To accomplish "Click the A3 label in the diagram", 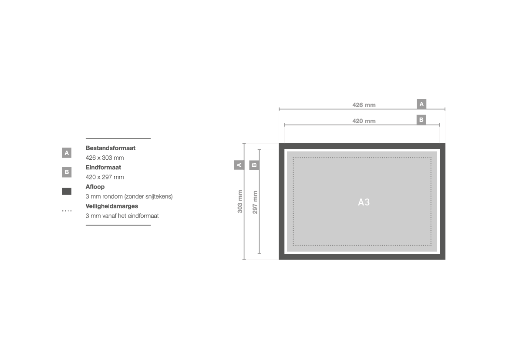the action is [x=364, y=202].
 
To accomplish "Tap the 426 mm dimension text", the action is [x=364, y=105].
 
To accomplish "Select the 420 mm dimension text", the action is [x=364, y=121].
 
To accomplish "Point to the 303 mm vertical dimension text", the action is [x=240, y=202].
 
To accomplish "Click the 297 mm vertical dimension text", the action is [x=255, y=202].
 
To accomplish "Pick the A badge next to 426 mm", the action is [x=421, y=104].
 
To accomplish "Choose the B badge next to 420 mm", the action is [x=421, y=120].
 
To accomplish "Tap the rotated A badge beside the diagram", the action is [x=239, y=165].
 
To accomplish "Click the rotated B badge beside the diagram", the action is [x=254, y=165].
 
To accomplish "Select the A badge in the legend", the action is [x=67, y=152].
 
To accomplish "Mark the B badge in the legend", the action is [x=67, y=172].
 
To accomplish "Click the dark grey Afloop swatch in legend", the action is [x=67, y=192].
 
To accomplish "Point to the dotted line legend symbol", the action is [x=67, y=211].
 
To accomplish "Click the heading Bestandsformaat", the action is [x=110, y=148].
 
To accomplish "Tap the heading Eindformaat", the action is [x=103, y=168].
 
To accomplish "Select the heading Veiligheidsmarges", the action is [x=111, y=206].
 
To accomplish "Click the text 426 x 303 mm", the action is [x=104, y=158].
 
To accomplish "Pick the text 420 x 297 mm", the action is [x=104, y=177].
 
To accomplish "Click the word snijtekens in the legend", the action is [x=158, y=197].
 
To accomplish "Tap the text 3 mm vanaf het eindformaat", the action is [x=122, y=216].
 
